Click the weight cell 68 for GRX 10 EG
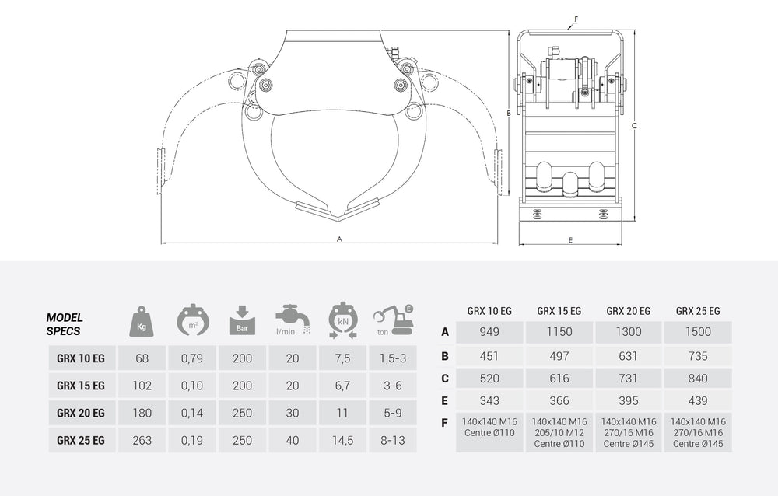pyautogui.click(x=142, y=358)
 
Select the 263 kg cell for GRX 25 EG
pyautogui.click(x=142, y=440)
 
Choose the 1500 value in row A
pyautogui.click(x=697, y=332)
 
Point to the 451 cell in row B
pyautogui.click(x=489, y=356)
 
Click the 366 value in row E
pyautogui.click(x=559, y=400)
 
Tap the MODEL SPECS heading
pyautogui.click(x=65, y=323)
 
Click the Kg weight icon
pyautogui.click(x=142, y=320)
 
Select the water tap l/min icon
pyautogui.click(x=291, y=320)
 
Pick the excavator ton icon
pyautogui.click(x=393, y=320)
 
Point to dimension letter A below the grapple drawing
pyautogui.click(x=340, y=239)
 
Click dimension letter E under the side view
pyautogui.click(x=570, y=240)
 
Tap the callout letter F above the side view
pyautogui.click(x=576, y=18)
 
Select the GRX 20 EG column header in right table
pyautogui.click(x=628, y=310)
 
